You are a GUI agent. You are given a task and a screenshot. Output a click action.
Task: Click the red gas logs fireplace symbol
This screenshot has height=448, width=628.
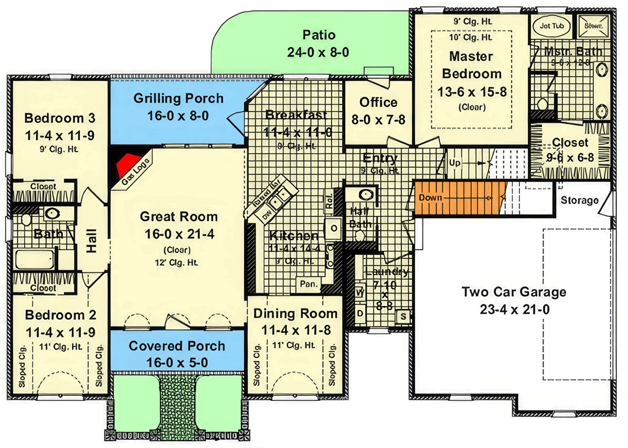point(127,162)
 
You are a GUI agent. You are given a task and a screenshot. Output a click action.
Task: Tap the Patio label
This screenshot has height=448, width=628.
point(319,35)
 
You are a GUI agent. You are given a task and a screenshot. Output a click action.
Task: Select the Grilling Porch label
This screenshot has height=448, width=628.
point(178,99)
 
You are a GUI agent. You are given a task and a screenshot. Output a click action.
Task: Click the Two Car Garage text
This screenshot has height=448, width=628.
point(513,292)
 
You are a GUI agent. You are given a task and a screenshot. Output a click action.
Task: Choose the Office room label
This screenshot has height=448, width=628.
point(378,102)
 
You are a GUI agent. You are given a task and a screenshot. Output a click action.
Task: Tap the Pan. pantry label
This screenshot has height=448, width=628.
point(308,284)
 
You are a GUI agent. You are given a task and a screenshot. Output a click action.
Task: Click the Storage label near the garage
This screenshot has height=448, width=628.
point(580,200)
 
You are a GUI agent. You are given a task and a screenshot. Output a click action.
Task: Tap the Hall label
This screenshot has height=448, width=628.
point(91,241)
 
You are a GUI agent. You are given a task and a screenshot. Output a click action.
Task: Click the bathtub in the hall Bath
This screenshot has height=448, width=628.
point(35,260)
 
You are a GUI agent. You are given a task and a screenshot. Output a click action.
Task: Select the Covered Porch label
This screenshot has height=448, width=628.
point(177,346)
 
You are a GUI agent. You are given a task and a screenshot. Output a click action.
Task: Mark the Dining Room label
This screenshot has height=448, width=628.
point(295,314)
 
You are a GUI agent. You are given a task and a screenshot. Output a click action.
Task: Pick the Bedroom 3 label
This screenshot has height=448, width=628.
point(59,118)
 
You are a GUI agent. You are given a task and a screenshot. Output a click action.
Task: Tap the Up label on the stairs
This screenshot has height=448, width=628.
point(455,162)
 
